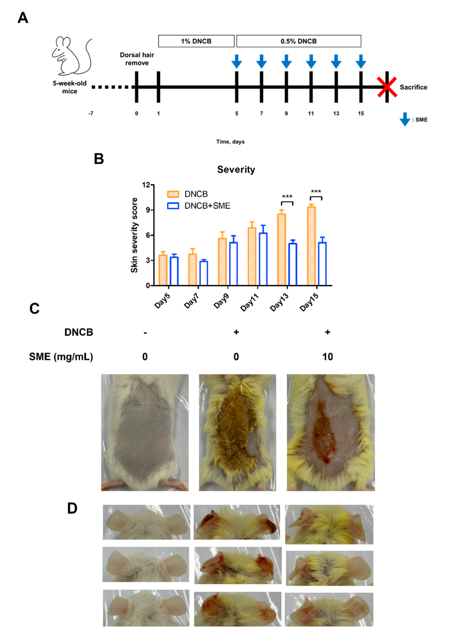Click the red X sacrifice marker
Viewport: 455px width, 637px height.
click(x=387, y=87)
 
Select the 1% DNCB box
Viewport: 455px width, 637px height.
click(x=196, y=41)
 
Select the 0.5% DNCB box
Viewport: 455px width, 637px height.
click(x=299, y=41)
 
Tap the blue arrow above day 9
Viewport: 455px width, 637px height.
click(x=286, y=61)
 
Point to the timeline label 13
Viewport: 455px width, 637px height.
click(x=336, y=113)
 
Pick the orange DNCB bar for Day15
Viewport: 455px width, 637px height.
click(x=311, y=246)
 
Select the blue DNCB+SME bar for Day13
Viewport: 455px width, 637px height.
click(x=292, y=264)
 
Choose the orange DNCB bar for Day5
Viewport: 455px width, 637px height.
click(x=163, y=270)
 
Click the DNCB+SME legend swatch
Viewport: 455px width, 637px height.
click(x=173, y=206)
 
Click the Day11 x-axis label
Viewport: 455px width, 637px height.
click(x=249, y=302)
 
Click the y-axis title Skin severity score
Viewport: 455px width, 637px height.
click(x=134, y=235)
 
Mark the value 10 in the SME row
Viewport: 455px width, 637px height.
click(x=327, y=357)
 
